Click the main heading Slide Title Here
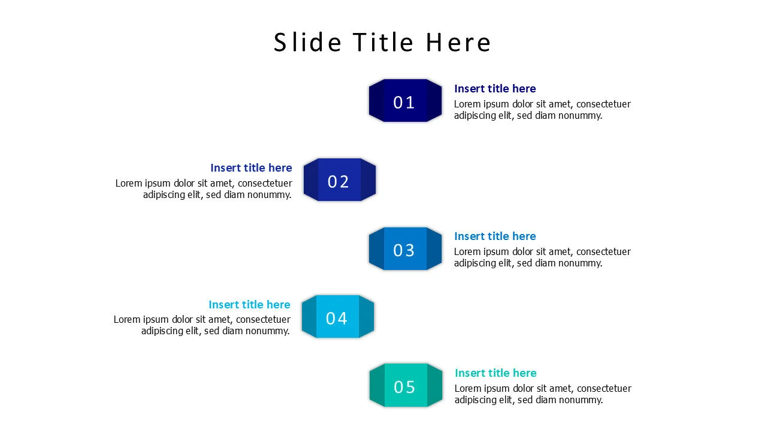[x=382, y=43]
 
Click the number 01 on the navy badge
[x=404, y=103]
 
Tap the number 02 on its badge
[x=339, y=182]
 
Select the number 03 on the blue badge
[x=404, y=250]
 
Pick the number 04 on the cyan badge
[x=337, y=319]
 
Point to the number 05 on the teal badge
[x=404, y=387]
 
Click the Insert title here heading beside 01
[x=495, y=88]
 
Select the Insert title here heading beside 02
[x=251, y=167]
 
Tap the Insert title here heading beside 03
[x=495, y=236]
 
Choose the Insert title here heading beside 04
[x=249, y=304]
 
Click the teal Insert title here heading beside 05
[x=496, y=373]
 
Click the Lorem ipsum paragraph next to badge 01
[x=542, y=110]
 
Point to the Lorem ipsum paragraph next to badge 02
[x=204, y=189]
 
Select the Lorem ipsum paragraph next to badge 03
[x=542, y=257]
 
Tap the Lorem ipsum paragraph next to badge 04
[x=202, y=325]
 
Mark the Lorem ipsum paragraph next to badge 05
[x=543, y=394]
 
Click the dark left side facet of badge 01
[x=377, y=100]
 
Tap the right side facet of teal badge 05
[x=434, y=385]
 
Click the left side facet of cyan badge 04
[x=309, y=316]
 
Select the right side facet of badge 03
[x=434, y=248]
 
